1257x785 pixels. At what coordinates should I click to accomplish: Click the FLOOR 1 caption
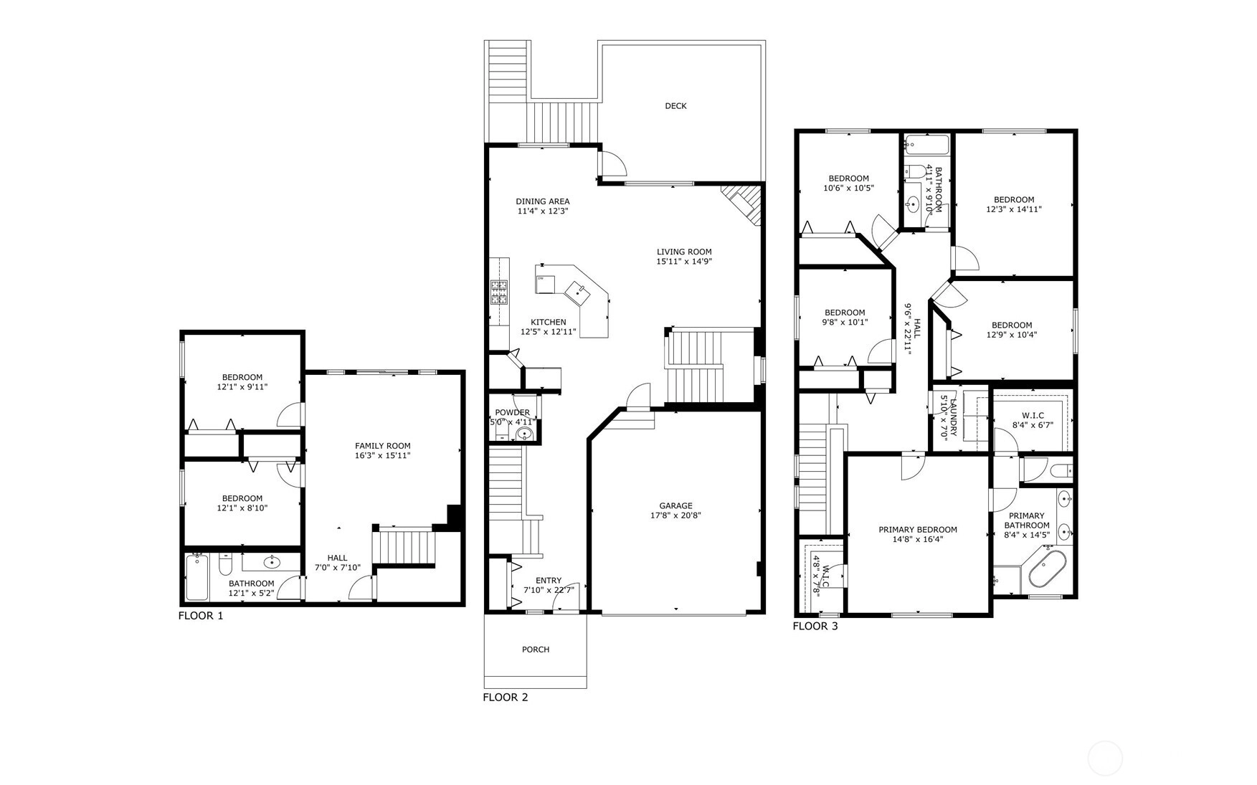click(x=201, y=616)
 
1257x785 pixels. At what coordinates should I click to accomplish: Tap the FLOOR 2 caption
click(x=506, y=698)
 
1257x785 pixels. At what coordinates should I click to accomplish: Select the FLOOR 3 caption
click(x=815, y=627)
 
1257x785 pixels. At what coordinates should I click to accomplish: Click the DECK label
click(x=675, y=106)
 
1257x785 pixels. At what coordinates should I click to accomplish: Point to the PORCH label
click(x=536, y=650)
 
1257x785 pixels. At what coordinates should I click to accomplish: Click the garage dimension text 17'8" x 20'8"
click(x=675, y=515)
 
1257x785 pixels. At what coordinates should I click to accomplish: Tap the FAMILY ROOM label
click(x=383, y=446)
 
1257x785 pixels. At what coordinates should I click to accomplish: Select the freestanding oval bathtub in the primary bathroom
click(x=1048, y=568)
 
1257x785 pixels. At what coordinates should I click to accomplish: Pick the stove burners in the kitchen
click(x=499, y=292)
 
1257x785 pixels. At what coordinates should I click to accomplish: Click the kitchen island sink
click(x=577, y=291)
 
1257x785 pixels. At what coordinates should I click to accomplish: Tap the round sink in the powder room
click(x=526, y=434)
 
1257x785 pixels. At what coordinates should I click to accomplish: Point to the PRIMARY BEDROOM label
click(x=918, y=530)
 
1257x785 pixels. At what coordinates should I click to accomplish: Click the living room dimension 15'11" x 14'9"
click(x=684, y=262)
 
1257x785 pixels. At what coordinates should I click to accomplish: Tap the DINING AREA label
click(x=543, y=201)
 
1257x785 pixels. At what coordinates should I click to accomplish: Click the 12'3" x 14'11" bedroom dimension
click(x=1014, y=210)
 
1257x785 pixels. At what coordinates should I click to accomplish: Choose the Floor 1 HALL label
click(x=338, y=558)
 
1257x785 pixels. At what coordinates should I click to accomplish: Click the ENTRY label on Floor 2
click(x=549, y=581)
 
